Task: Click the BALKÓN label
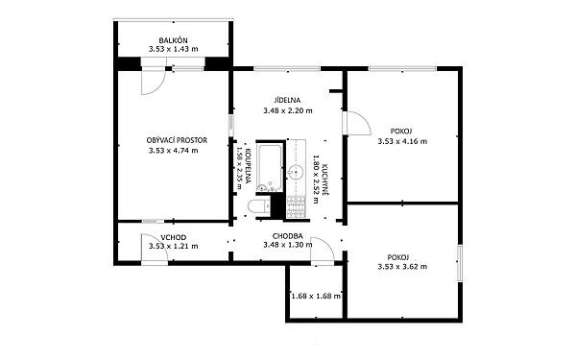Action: coord(174,40)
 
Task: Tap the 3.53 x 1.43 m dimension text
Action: coord(174,49)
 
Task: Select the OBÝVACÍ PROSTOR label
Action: coord(177,140)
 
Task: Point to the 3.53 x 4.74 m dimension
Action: coord(174,151)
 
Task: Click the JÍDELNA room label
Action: coord(287,100)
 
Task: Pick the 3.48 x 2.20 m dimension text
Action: coord(288,110)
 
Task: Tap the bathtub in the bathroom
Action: coord(270,168)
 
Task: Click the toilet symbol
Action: coord(259,206)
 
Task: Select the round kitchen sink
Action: coord(295,172)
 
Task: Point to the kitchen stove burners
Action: coord(296,206)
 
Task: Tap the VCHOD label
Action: coord(174,238)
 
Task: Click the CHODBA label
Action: coord(288,236)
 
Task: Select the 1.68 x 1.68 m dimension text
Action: coord(316,296)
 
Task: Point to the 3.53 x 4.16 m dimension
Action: coord(402,141)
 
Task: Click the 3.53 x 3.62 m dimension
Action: coord(402,267)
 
